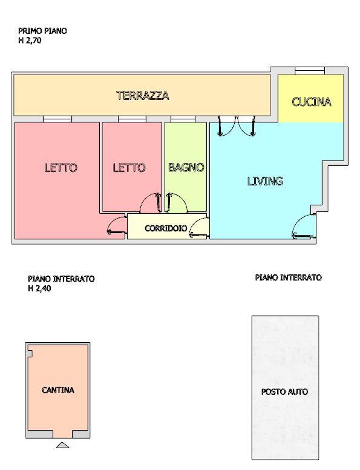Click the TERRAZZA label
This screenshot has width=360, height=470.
click(143, 96)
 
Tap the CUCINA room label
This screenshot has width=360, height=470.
click(312, 102)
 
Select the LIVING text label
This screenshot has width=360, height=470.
click(265, 180)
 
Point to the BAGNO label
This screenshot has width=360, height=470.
click(186, 167)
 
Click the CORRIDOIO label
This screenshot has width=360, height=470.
click(166, 229)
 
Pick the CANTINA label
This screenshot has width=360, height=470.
click(58, 390)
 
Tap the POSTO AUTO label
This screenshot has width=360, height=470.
click(284, 392)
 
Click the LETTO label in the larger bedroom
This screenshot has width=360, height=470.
click(61, 168)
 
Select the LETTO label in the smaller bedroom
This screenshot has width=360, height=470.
click(129, 168)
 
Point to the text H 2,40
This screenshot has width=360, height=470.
click(41, 288)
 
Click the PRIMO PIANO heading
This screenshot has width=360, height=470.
click(43, 30)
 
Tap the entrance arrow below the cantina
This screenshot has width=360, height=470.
click(62, 446)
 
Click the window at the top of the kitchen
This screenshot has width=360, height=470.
click(309, 71)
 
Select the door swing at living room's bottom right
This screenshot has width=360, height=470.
click(303, 228)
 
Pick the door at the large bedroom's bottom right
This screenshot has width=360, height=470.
click(115, 227)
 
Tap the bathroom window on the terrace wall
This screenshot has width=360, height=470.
click(178, 119)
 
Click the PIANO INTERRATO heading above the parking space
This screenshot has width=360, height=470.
click(288, 277)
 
